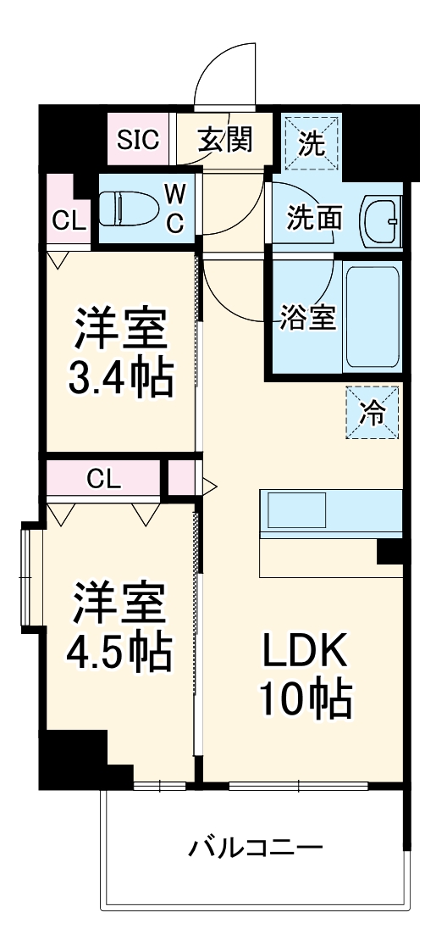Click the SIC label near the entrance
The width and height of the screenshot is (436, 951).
[x=138, y=139]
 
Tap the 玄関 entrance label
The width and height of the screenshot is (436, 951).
[x=224, y=139]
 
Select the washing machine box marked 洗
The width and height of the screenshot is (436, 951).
[x=312, y=142]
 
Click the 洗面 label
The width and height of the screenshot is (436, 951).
[x=313, y=218]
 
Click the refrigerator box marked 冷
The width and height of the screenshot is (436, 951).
[x=372, y=413]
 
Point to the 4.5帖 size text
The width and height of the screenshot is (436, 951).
[x=119, y=648]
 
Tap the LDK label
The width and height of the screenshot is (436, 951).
[x=305, y=653]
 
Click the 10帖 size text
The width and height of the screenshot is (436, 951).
[x=305, y=699]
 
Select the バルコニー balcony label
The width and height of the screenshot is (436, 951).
[x=255, y=846]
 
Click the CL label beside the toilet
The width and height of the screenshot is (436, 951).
[x=69, y=221]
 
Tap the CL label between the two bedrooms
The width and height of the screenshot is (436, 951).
[x=103, y=478]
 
